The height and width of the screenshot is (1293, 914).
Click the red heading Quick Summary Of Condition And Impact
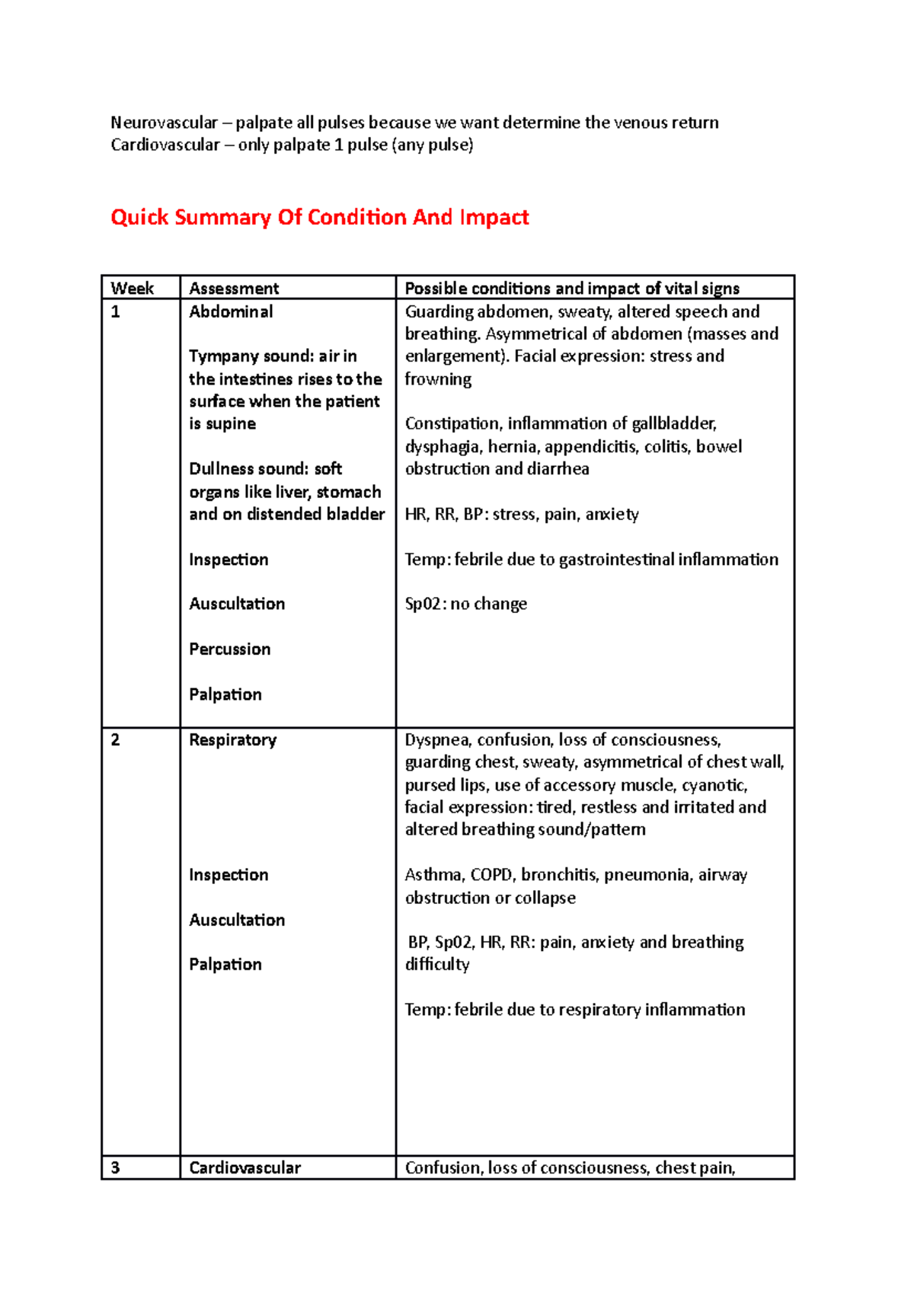[319, 218]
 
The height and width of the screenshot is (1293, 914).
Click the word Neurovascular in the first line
[164, 123]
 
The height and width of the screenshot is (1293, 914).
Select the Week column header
[132, 289]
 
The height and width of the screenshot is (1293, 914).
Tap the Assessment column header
[234, 289]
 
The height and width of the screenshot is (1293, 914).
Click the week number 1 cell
[115, 312]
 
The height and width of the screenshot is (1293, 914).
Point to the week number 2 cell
[115, 740]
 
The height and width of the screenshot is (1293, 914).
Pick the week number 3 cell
[115, 1168]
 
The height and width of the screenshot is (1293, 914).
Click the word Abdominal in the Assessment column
[231, 312]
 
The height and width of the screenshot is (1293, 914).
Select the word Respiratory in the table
[232, 740]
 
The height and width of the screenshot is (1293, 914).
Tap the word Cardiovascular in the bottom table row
[244, 1168]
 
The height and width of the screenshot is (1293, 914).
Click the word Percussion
[229, 650]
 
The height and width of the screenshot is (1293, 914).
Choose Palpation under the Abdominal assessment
[225, 694]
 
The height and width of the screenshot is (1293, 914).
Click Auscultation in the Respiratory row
[237, 920]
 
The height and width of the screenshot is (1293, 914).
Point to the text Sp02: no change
[465, 605]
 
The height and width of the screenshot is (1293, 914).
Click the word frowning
[438, 379]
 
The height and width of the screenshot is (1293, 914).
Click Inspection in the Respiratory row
[228, 875]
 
